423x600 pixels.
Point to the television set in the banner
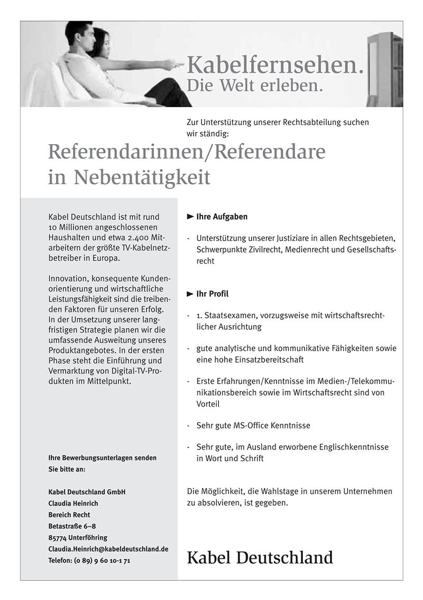pyautogui.click(x=384, y=69)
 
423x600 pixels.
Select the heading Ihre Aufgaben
pyautogui.click(x=222, y=217)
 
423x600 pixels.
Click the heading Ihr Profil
pyautogui.click(x=212, y=294)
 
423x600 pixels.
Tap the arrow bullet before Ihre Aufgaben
pyautogui.click(x=190, y=217)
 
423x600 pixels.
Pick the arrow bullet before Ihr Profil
pyautogui.click(x=190, y=294)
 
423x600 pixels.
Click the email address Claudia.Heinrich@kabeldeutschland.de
pyautogui.click(x=108, y=549)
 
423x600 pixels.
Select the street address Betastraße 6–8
pyautogui.click(x=71, y=526)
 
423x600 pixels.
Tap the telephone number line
pyautogui.click(x=89, y=560)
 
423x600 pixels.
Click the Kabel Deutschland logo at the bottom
pyautogui.click(x=260, y=558)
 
